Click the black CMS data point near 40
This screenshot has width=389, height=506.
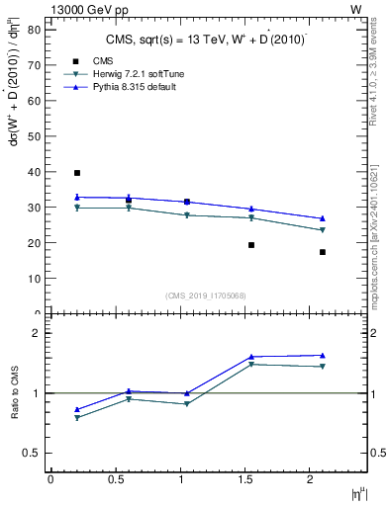coord(77,173)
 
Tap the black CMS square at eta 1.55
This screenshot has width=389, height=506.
coord(251,245)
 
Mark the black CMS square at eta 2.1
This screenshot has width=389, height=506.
coord(323,252)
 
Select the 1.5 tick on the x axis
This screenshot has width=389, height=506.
coord(245,479)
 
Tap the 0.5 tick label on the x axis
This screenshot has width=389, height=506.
coord(115,479)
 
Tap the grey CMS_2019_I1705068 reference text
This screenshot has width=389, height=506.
coord(206,295)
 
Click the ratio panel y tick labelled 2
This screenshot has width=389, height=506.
coord(38,333)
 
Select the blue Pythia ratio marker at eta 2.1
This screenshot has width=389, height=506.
coord(323,355)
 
